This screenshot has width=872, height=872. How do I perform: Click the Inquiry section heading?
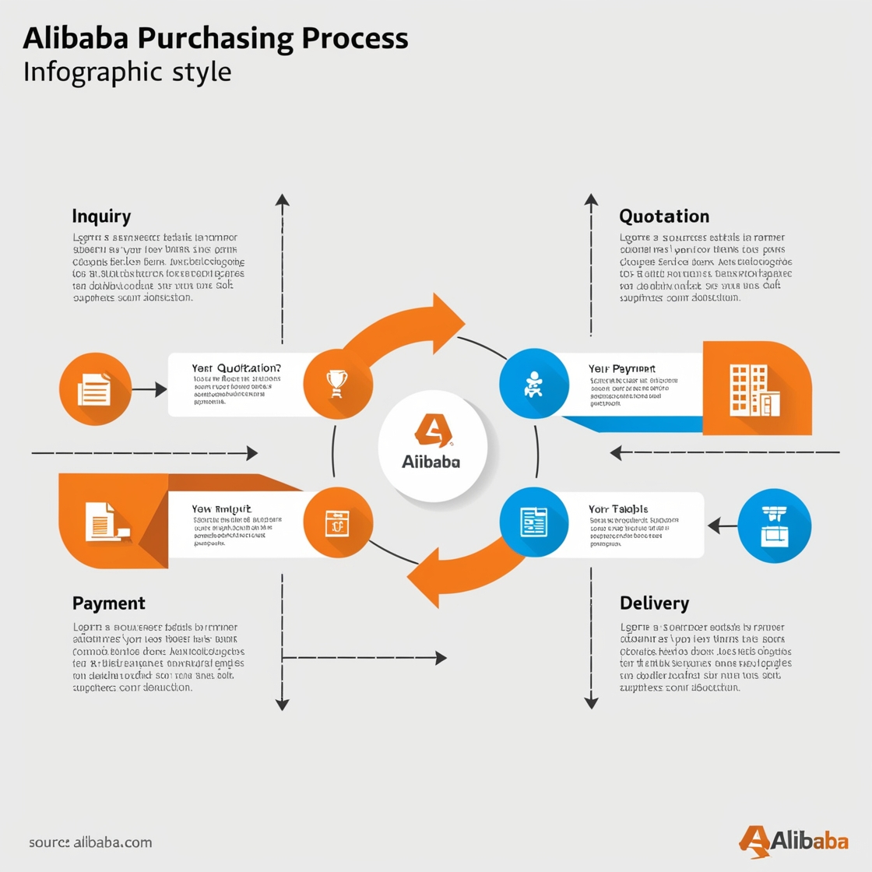(101, 216)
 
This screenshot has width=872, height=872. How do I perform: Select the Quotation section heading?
(664, 216)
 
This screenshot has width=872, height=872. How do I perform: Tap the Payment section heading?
(109, 603)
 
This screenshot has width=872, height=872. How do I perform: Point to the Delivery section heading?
(654, 603)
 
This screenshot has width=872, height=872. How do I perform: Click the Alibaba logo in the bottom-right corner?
(793, 841)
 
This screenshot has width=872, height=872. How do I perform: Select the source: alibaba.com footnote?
(90, 842)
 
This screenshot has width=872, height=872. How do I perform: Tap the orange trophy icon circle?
(337, 384)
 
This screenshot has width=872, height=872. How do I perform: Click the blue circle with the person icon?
(533, 383)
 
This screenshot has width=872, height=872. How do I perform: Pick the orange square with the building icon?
(756, 388)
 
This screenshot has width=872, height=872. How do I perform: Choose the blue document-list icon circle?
(533, 522)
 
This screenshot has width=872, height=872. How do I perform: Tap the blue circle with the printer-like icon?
(774, 526)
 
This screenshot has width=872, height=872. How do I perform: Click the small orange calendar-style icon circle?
(337, 522)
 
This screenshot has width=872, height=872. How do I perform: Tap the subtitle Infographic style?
(127, 72)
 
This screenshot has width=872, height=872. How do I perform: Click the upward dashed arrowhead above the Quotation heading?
(592, 200)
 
